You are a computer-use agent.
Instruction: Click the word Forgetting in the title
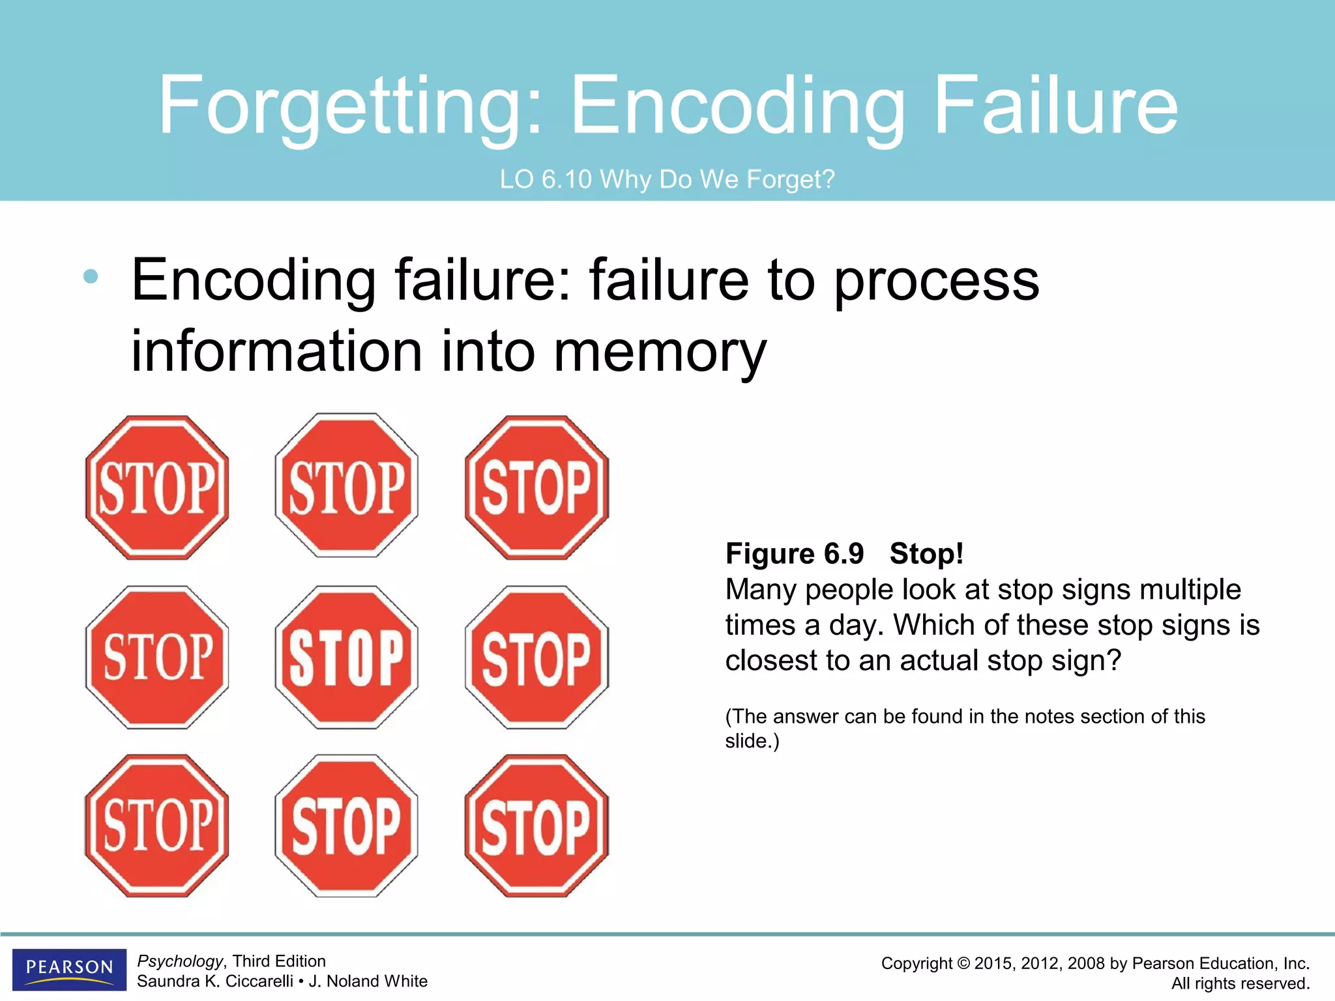point(349,106)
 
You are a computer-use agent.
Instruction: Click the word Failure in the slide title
point(1055,105)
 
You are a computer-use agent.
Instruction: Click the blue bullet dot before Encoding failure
point(91,277)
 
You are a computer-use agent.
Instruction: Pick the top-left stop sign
point(157,487)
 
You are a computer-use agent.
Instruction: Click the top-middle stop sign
point(346,486)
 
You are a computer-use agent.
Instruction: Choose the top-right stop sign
point(536,487)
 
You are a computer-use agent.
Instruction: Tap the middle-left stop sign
point(157,656)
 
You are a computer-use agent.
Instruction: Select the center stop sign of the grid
point(346,656)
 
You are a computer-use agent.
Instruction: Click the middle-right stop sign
point(536,656)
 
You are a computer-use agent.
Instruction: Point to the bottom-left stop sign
point(157,826)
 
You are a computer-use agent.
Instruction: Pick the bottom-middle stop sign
point(346,826)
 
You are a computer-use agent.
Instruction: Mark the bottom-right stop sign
point(536,826)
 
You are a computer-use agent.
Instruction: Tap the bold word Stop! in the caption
point(926,554)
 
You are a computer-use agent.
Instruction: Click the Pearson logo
point(69,969)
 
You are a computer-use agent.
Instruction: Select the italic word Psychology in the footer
point(180,961)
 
